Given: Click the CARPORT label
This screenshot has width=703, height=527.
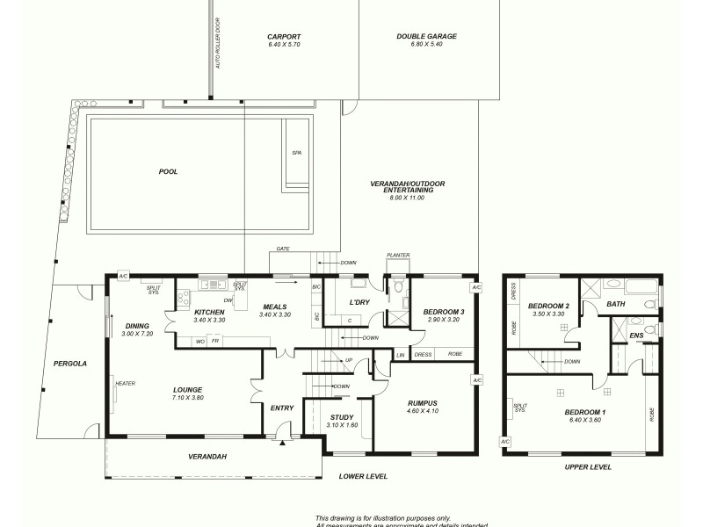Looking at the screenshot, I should coord(285,37).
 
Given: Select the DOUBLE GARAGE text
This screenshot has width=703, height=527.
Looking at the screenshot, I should coord(427,37).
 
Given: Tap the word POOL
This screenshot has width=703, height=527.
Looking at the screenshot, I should coord(168,172).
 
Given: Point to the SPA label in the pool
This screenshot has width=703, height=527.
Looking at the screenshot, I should coord(295,153).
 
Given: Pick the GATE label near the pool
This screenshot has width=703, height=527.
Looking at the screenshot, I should coord(283,249).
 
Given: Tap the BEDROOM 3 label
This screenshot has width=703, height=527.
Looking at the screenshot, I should coord(444,312).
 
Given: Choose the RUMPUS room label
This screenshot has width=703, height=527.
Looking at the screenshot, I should coord(421,403).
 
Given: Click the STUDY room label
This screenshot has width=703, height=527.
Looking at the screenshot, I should coord(342,418).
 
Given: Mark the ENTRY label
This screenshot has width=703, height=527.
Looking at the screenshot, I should coord(282,408).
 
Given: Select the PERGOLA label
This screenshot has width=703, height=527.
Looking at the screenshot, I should coord(69,363).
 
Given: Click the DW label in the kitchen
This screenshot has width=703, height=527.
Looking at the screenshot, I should coord(227,300).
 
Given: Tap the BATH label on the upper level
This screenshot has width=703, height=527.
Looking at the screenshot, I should coord(615,304).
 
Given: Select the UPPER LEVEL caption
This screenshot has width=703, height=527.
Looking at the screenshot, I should coord(588,467).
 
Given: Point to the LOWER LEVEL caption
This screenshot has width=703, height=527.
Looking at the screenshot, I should coord(363,476).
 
